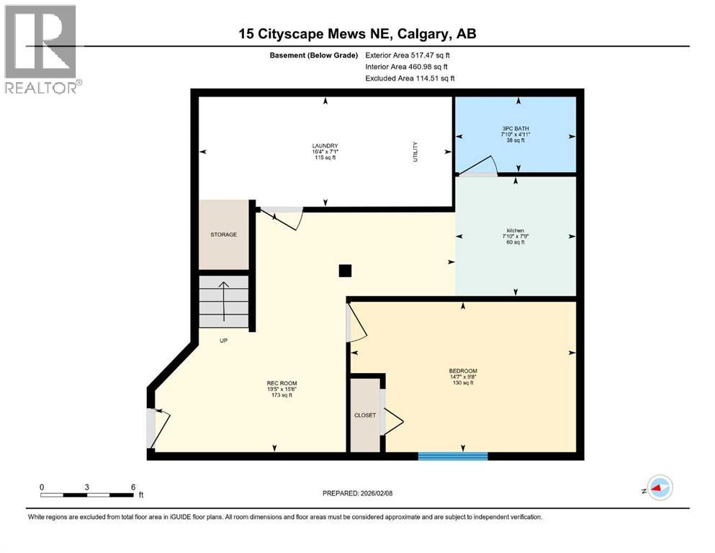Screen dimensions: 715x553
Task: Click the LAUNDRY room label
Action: [325, 146]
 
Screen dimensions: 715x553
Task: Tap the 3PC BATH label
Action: [516, 129]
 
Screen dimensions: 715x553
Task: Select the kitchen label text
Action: [516, 230]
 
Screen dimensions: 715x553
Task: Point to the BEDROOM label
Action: [463, 371]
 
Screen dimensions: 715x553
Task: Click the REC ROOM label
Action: [282, 383]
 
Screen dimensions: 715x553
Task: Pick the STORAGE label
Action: [223, 234]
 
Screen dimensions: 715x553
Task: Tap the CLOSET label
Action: [365, 415]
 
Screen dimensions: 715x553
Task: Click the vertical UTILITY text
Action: [415, 152]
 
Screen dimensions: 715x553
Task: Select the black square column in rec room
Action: [345, 271]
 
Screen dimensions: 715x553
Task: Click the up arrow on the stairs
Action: [223, 302]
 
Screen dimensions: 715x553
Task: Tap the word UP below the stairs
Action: [223, 341]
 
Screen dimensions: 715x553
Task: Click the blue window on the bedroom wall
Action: [453, 456]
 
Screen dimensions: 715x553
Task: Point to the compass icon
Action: [660, 487]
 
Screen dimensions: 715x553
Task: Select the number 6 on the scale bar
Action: [133, 487]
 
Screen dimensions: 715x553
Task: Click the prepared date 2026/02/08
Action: [376, 493]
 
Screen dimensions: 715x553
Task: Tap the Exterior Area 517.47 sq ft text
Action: [408, 55]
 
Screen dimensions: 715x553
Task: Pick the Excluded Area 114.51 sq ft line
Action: [410, 78]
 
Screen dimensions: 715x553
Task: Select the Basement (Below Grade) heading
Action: [314, 55]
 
